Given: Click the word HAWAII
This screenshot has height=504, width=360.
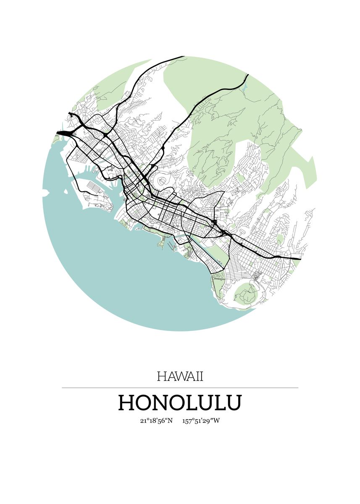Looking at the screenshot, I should point(180,376).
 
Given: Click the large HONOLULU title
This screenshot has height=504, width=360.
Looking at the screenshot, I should point(180,402).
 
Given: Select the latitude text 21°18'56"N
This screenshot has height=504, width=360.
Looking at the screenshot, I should point(156,421).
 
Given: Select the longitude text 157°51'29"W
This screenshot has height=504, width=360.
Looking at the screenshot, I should point(201,421).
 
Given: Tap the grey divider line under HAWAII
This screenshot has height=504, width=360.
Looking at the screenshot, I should point(180,388).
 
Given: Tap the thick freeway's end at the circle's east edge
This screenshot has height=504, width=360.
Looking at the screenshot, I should point(299,258).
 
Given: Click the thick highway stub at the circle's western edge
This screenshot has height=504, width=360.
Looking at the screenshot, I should point(60,133).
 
